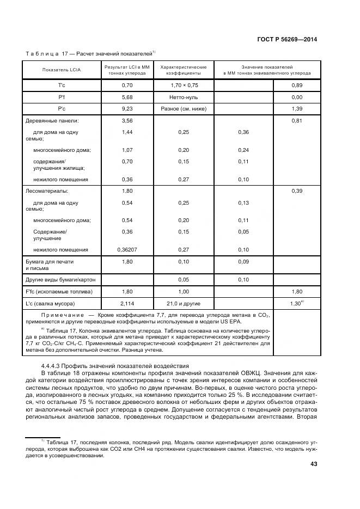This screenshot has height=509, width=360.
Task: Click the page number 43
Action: (x=313, y=464)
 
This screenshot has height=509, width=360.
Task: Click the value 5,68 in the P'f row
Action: (x=127, y=97)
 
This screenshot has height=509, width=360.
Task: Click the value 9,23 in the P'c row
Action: (x=127, y=109)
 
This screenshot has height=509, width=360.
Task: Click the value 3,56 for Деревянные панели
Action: (x=127, y=120)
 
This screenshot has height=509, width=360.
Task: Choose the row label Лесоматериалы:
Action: (x=47, y=191)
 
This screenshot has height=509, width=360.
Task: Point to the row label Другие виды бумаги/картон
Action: (x=60, y=280)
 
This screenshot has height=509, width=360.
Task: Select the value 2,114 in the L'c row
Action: (x=127, y=303)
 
